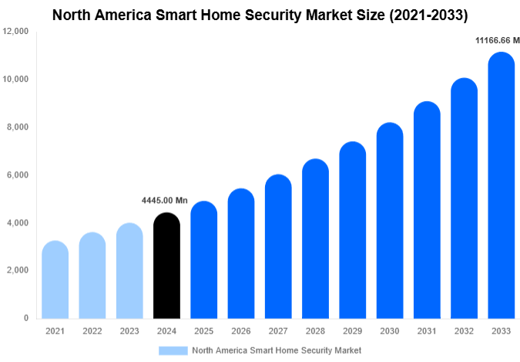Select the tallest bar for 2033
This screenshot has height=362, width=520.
coord(502,185)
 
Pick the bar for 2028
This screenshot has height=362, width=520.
coord(316,239)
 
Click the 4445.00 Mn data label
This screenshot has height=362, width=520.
coord(165,201)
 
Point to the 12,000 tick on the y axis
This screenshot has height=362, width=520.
coord(15,32)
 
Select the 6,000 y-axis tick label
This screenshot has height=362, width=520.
coord(18,175)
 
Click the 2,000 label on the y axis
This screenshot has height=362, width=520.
coord(18,270)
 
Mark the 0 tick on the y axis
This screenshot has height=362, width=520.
coord(25,318)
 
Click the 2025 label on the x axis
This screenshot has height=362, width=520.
coord(203,331)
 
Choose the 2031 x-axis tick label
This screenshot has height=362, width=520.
coord(427,331)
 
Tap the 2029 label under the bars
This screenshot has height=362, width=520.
coord(353,331)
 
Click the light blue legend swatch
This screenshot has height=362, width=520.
coord(173,350)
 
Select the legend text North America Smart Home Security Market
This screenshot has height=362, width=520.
coord(277,350)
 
